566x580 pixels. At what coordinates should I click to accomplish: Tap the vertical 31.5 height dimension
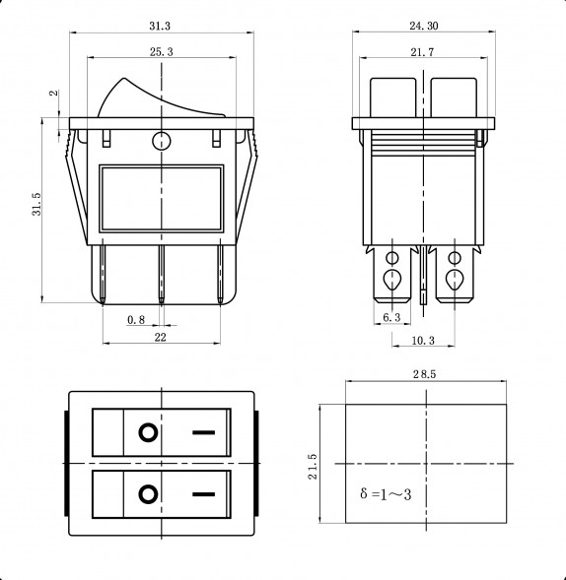point(35,210)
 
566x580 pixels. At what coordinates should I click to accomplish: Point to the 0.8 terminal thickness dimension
point(136,320)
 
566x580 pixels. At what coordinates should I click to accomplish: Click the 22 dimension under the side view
point(160,337)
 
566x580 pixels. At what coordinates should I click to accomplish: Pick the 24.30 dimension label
point(422,23)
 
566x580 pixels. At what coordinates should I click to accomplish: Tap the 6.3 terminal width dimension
point(390,317)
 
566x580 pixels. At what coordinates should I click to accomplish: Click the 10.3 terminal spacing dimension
point(422,340)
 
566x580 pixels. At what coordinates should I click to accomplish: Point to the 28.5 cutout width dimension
point(426,376)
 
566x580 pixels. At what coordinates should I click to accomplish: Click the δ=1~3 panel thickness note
point(386,492)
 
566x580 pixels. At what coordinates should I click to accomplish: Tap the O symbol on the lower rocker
point(147,493)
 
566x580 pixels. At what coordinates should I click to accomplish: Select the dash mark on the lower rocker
point(204,493)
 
